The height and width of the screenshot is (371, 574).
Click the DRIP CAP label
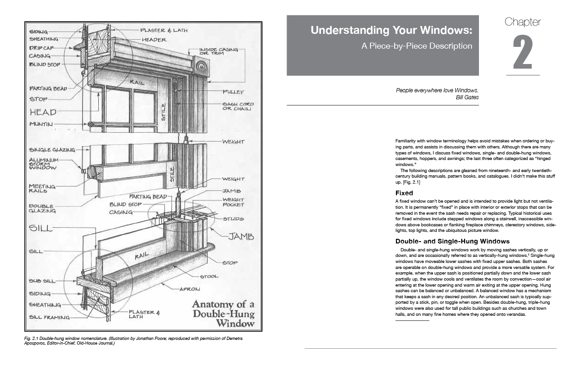[x=42, y=47]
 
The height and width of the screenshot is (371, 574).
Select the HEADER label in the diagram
[x=154, y=40]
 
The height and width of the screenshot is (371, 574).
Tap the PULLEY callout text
[x=239, y=92]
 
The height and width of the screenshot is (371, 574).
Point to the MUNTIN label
[x=41, y=124]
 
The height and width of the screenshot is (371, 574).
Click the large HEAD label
[x=43, y=112]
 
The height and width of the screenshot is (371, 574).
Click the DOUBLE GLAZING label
[x=42, y=208]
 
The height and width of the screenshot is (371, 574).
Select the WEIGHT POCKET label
[x=233, y=202]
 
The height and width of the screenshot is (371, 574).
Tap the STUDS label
[x=233, y=218]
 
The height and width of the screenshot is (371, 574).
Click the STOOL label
[x=209, y=276]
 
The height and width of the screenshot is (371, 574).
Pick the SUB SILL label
[x=42, y=281]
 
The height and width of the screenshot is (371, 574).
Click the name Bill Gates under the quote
[x=467, y=97]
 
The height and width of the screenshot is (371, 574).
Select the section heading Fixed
[x=404, y=193]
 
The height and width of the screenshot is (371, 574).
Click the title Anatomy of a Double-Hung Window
[x=223, y=313]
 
